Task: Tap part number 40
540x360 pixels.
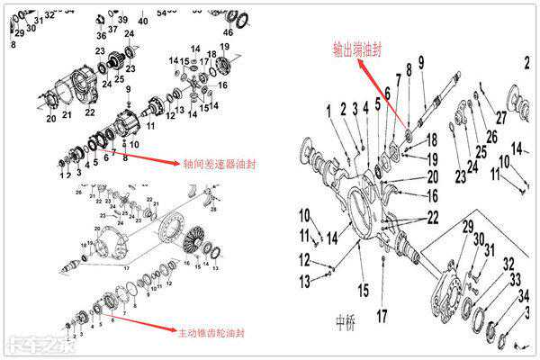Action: (143, 20)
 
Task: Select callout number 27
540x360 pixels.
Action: (501, 117)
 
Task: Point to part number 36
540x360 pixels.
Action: (101, 35)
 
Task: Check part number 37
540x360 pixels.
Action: (113, 29)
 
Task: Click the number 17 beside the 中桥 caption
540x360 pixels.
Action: (382, 315)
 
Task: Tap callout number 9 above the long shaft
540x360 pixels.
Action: (419, 60)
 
